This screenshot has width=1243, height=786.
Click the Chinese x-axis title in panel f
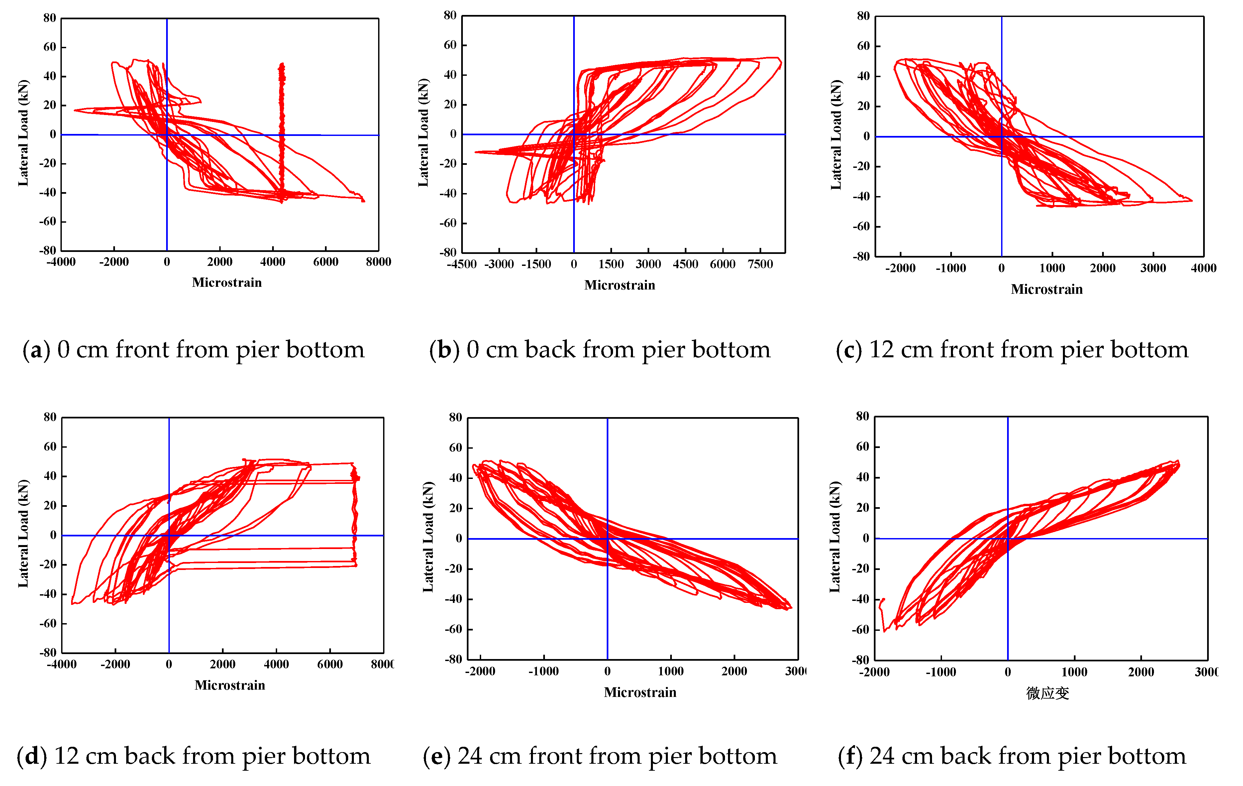pyautogui.click(x=1047, y=693)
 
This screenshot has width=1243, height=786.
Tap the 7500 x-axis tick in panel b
pyautogui.click(x=760, y=265)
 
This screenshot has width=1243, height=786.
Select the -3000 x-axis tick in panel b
pyautogui.click(x=499, y=265)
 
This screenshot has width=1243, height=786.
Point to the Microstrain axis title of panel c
pyautogui.click(x=1046, y=289)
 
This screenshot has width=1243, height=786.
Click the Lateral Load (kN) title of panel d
pyautogui.click(x=23, y=533)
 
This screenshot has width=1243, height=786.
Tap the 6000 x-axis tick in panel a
pyautogui.click(x=325, y=262)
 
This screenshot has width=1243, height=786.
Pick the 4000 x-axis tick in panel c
pyautogui.click(x=1203, y=268)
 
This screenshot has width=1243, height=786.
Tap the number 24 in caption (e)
pyautogui.click(x=470, y=756)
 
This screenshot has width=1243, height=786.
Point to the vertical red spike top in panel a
pyautogui.click(x=281, y=64)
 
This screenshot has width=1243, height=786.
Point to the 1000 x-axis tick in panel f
pyautogui.click(x=1074, y=672)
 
